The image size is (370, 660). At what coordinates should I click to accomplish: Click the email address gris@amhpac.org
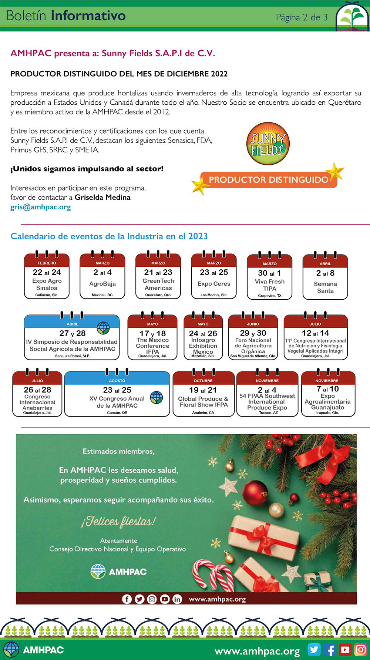coord(41,207)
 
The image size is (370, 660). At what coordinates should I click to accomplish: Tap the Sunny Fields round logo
coord(268,144)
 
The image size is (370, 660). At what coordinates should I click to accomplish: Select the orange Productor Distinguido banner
coord(268,180)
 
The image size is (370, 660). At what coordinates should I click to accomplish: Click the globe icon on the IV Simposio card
coord(103,328)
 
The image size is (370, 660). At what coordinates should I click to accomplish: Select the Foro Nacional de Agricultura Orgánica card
coord(253,337)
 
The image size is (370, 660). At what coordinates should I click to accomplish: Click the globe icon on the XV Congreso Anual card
coord(157,398)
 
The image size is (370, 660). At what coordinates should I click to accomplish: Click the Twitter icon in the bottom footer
coord(314,650)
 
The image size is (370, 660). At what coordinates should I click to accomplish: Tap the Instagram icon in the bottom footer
coord(360,650)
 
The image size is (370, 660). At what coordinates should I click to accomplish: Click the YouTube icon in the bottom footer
coord(345,650)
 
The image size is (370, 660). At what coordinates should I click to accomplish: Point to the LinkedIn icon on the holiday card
coord(177,599)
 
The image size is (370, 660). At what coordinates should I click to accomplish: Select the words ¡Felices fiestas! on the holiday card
coord(118,522)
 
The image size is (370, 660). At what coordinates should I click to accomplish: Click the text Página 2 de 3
coord(302,17)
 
